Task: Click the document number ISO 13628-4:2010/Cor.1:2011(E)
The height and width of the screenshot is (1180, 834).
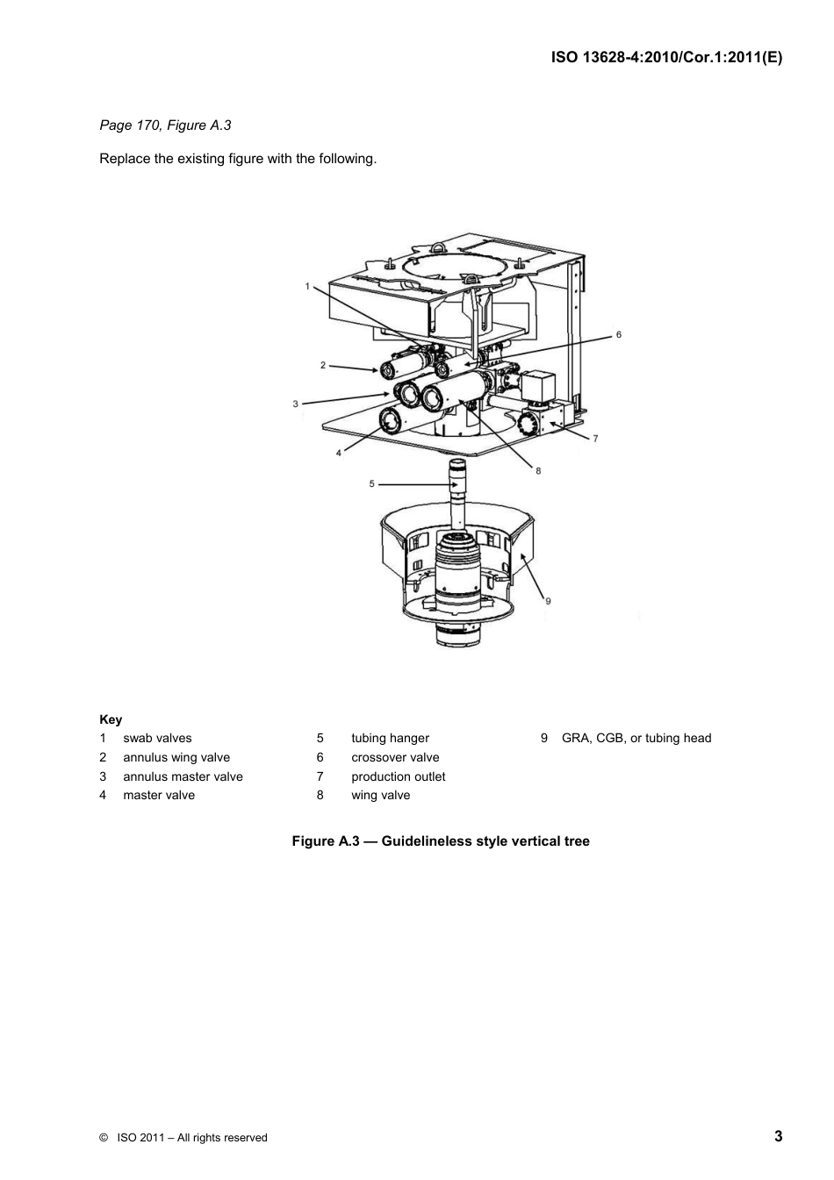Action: click(x=666, y=57)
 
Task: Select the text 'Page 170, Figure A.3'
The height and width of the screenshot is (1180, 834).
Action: click(x=165, y=125)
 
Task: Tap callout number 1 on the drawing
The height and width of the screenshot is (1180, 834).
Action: click(x=307, y=286)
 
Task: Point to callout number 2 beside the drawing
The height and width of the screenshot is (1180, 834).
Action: click(x=323, y=365)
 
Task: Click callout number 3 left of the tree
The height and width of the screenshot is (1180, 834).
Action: click(x=296, y=404)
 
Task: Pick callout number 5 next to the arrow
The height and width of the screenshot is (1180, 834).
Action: click(x=371, y=483)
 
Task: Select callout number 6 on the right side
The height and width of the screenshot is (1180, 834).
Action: click(x=618, y=334)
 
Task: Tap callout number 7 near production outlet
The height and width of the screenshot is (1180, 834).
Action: click(x=595, y=439)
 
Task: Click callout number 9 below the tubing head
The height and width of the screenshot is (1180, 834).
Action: click(x=548, y=601)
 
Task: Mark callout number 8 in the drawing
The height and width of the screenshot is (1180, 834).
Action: click(x=538, y=471)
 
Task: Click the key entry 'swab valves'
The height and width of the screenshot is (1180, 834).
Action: click(x=157, y=738)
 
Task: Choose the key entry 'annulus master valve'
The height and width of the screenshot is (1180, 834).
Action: click(x=183, y=776)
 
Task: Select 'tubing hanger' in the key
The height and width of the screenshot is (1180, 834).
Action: click(x=390, y=738)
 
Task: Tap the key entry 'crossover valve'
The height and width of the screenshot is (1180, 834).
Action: click(x=395, y=757)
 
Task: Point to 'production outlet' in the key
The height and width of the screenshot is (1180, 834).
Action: click(x=398, y=776)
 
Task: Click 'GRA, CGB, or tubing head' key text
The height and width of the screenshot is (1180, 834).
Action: click(x=636, y=738)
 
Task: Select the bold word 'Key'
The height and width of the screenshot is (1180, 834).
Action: click(x=111, y=719)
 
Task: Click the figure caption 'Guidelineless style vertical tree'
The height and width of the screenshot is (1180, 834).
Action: click(x=485, y=841)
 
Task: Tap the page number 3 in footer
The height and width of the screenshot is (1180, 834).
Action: click(x=778, y=1136)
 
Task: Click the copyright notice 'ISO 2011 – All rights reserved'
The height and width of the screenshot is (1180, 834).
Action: click(x=191, y=1138)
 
